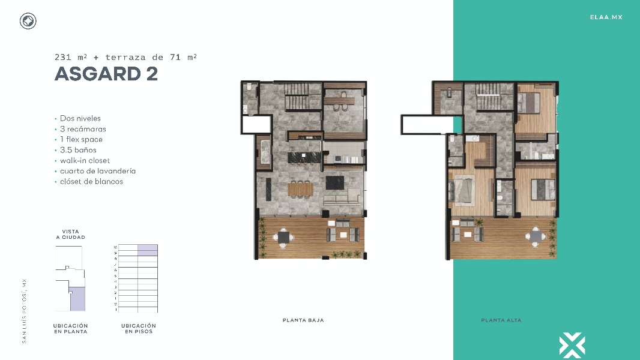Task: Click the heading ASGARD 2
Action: pos(106,74)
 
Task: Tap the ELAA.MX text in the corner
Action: pos(606,17)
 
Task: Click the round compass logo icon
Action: pos(28,22)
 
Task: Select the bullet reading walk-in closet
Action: pos(86,161)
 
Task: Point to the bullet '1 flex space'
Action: pos(83,140)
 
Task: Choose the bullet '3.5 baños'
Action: pos(78,150)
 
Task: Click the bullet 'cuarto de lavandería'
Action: pos(97,171)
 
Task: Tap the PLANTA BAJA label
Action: pos(303,320)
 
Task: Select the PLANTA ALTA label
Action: pos(501,320)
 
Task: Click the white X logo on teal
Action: pos(572,346)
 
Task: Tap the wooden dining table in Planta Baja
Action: pos(301,190)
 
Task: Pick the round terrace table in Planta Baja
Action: pos(283,238)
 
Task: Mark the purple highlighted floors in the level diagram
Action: pos(147,250)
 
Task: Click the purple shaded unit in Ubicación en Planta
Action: pos(77,299)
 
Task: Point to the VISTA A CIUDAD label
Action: pos(70,235)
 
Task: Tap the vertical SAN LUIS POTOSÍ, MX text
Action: pos(25,310)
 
